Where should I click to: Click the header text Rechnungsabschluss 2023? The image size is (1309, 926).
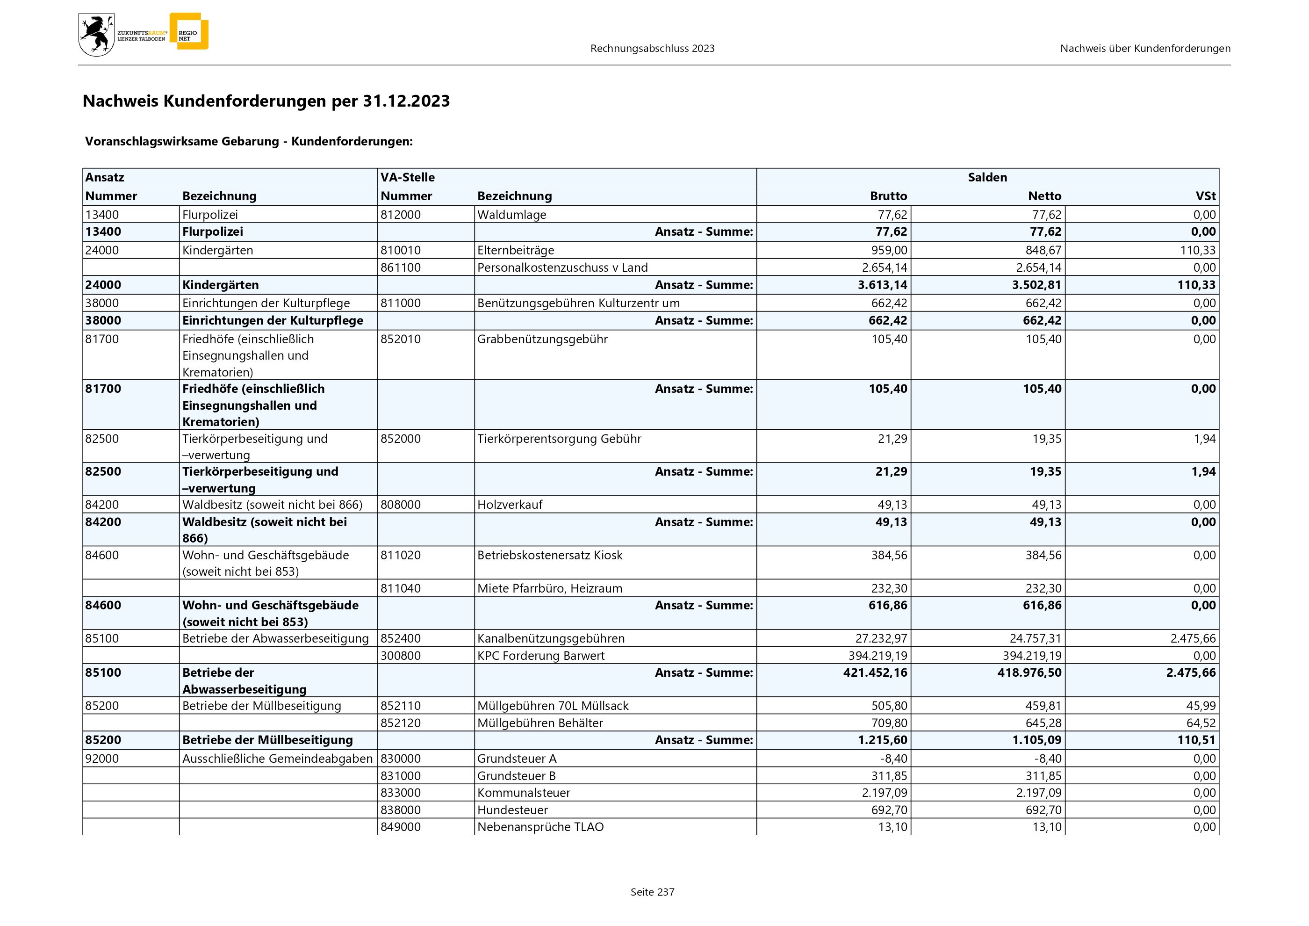click(x=652, y=49)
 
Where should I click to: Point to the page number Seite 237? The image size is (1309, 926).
click(x=652, y=892)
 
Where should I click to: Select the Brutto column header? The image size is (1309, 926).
click(x=888, y=196)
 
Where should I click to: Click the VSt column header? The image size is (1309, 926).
click(x=1205, y=196)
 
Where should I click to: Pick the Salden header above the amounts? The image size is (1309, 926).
click(x=987, y=177)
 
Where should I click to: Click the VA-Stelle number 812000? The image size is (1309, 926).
click(x=400, y=215)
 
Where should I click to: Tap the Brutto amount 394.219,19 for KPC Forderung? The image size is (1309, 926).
click(x=877, y=656)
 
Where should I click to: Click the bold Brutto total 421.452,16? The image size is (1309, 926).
click(x=875, y=673)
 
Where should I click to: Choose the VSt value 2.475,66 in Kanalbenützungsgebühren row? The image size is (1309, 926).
click(x=1193, y=639)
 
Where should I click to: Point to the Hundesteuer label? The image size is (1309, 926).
click(x=512, y=810)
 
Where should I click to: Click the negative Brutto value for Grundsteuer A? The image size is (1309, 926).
click(x=893, y=759)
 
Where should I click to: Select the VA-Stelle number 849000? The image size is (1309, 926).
click(x=400, y=827)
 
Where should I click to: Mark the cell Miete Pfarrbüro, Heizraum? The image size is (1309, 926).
click(x=550, y=588)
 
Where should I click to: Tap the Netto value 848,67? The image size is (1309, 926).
click(x=1043, y=250)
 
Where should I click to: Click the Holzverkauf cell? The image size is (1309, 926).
click(x=510, y=505)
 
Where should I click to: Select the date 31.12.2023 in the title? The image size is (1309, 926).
click(x=406, y=101)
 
